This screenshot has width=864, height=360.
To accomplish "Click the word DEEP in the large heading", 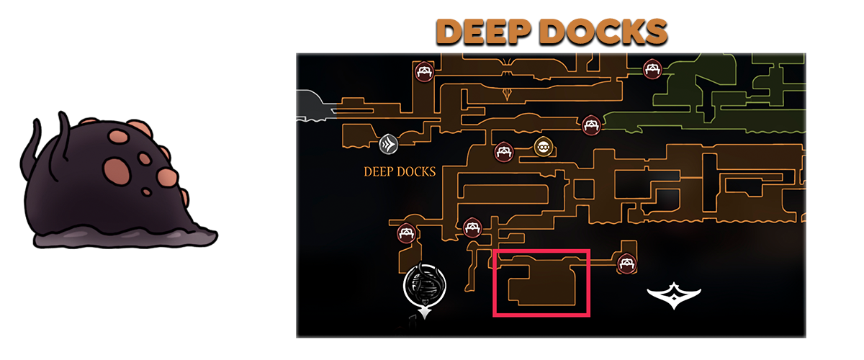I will [x=486, y=33].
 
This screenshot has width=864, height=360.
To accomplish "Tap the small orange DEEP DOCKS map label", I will [x=400, y=172].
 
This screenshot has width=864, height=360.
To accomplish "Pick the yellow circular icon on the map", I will [x=544, y=148].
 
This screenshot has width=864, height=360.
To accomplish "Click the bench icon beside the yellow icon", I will [x=503, y=152].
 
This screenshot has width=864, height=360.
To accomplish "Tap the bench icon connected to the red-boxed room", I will [x=626, y=264].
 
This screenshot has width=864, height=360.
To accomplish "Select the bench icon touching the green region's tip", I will [x=591, y=125].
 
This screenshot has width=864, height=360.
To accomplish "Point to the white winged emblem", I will [x=673, y=296].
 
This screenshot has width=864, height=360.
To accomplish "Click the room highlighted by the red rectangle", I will [x=542, y=282].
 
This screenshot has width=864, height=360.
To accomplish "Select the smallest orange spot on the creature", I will [x=147, y=192].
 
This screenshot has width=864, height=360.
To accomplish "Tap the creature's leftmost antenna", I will [x=32, y=144].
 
